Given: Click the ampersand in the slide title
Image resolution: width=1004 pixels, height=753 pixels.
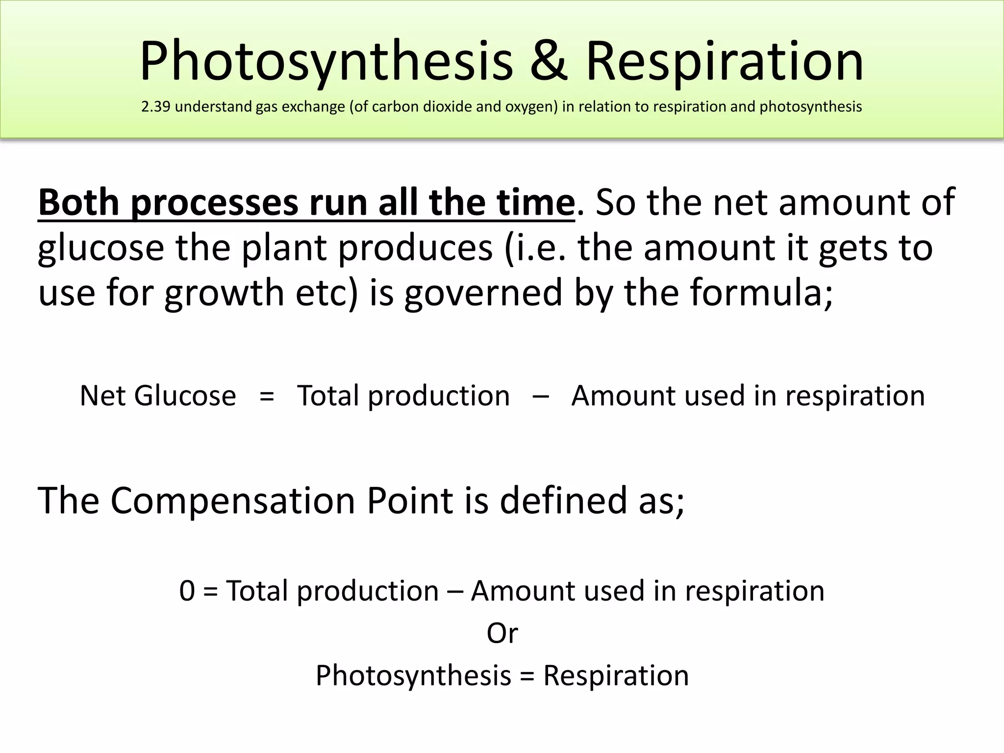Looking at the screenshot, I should (549, 61).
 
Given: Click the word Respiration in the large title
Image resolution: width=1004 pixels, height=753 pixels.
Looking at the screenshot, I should (725, 61).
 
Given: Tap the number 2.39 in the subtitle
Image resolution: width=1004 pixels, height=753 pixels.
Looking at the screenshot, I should (155, 106).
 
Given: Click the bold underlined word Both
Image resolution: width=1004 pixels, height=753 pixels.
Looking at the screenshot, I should (79, 202).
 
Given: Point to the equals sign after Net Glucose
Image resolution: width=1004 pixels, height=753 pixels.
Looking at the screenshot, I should (266, 396).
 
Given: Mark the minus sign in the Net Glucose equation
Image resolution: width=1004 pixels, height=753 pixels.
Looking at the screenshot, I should (540, 396).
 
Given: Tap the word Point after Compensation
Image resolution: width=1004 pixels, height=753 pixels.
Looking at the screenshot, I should (410, 501).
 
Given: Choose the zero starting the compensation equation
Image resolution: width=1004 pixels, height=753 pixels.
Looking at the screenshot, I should (187, 591).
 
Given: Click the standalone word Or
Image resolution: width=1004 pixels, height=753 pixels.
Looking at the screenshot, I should (502, 633).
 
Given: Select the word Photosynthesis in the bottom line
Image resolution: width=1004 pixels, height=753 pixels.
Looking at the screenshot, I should (413, 676).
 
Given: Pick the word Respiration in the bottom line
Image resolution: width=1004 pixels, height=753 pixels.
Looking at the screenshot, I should (616, 676).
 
